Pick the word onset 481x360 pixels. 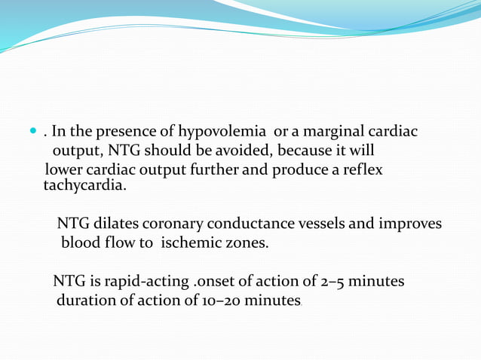click(213, 282)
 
